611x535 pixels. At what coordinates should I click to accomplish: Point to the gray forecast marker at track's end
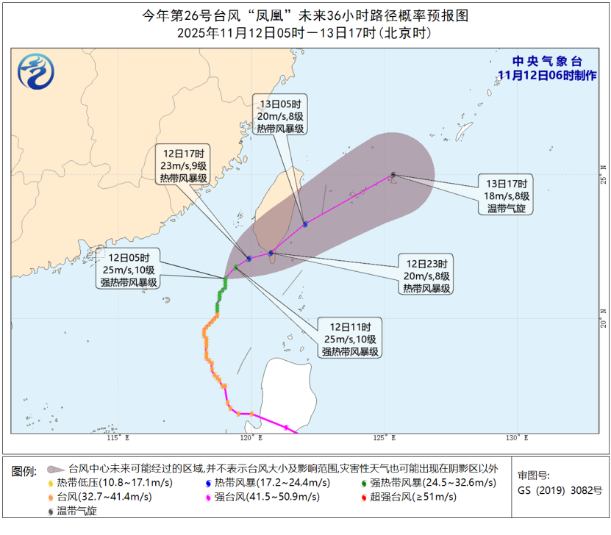393,175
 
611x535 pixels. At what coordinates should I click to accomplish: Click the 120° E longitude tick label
251,438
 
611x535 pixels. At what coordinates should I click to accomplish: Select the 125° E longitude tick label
385,438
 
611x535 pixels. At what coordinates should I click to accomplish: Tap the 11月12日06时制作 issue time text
547,75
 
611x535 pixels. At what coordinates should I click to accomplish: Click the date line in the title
304,34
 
